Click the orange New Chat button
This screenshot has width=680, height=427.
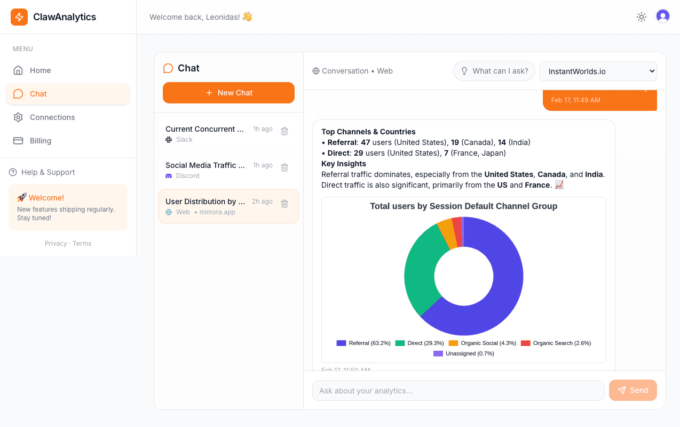[228, 93]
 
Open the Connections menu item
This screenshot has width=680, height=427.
[52, 117]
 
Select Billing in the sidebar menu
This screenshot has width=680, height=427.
[41, 141]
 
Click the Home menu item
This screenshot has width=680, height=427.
[40, 70]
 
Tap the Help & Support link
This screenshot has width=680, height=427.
[48, 172]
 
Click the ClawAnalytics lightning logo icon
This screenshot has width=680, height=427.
[19, 17]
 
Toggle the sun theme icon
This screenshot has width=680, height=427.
[642, 17]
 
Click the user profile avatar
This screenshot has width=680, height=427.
[663, 17]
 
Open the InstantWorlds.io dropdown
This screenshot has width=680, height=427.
[598, 71]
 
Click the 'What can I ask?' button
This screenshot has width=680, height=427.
[494, 71]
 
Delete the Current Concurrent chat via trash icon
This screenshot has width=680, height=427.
[284, 131]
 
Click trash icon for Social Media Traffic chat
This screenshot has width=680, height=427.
[284, 167]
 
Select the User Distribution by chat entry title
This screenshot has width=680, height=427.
[205, 202]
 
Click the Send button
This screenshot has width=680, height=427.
[632, 390]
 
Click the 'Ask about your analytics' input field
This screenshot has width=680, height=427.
[458, 391]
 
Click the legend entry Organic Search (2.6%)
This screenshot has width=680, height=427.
[556, 343]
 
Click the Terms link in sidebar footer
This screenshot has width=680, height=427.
[82, 244]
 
